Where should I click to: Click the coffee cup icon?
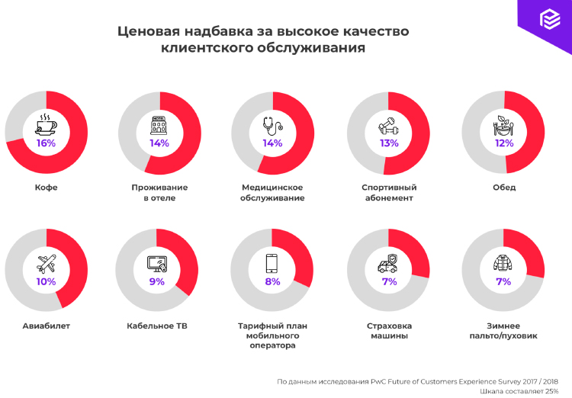point(46,124)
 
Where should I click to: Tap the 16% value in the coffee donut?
point(46,143)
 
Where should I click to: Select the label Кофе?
point(46,188)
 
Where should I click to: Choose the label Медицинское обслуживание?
point(273,193)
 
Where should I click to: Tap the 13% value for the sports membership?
point(388,143)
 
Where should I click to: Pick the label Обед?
point(504,188)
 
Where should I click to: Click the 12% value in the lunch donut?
point(503,143)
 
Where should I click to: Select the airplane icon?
point(46,264)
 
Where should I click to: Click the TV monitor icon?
point(157,264)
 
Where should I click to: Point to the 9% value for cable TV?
point(157,281)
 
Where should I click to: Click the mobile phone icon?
point(272,263)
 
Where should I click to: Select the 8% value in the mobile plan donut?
point(272,281)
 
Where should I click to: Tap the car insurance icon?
point(388,264)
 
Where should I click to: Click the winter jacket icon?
point(503,263)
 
